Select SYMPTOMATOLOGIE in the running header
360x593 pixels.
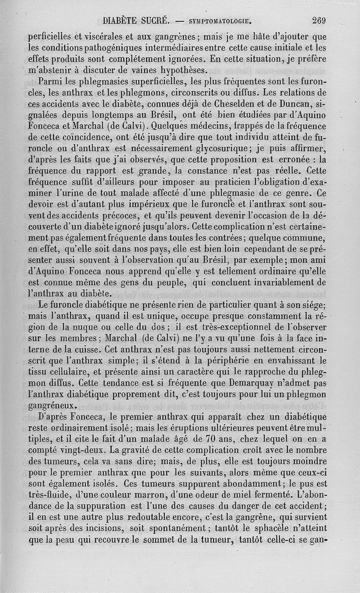[219, 21]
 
